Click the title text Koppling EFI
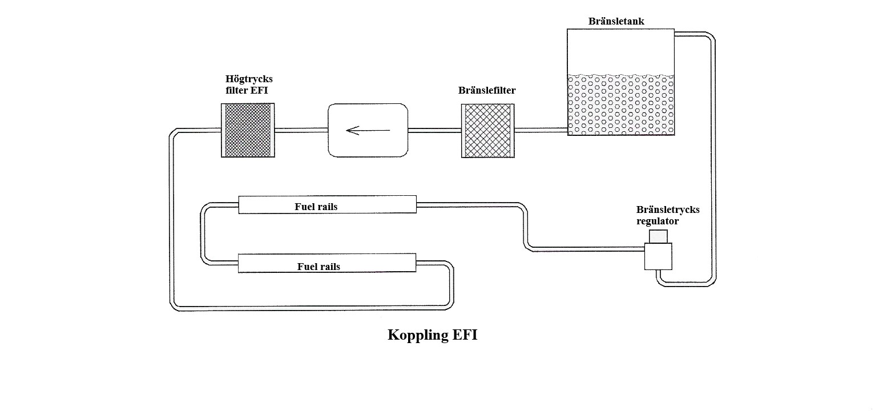pos(432,335)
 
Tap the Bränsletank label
pos(616,22)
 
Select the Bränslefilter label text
pos(487,90)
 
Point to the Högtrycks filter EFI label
pos(249,84)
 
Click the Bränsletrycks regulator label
pos(667,215)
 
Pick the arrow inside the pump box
pos(368,131)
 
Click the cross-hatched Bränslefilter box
pos(487,130)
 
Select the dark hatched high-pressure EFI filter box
pos(248,130)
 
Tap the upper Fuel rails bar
pos(327,205)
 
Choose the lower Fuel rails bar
pos(326,264)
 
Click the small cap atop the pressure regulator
pos(658,236)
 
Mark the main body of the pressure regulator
pos(658,256)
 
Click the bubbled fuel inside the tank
pos(620,105)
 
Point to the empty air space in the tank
pos(620,51)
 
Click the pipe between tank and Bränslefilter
pos(541,130)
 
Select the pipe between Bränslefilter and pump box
pos(434,130)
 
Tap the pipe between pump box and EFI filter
pos(301,130)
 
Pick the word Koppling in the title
pos(418,335)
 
